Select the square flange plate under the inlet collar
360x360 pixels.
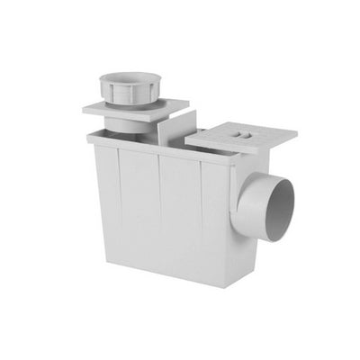[x=106, y=109]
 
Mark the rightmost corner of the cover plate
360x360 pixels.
[x=297, y=137]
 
